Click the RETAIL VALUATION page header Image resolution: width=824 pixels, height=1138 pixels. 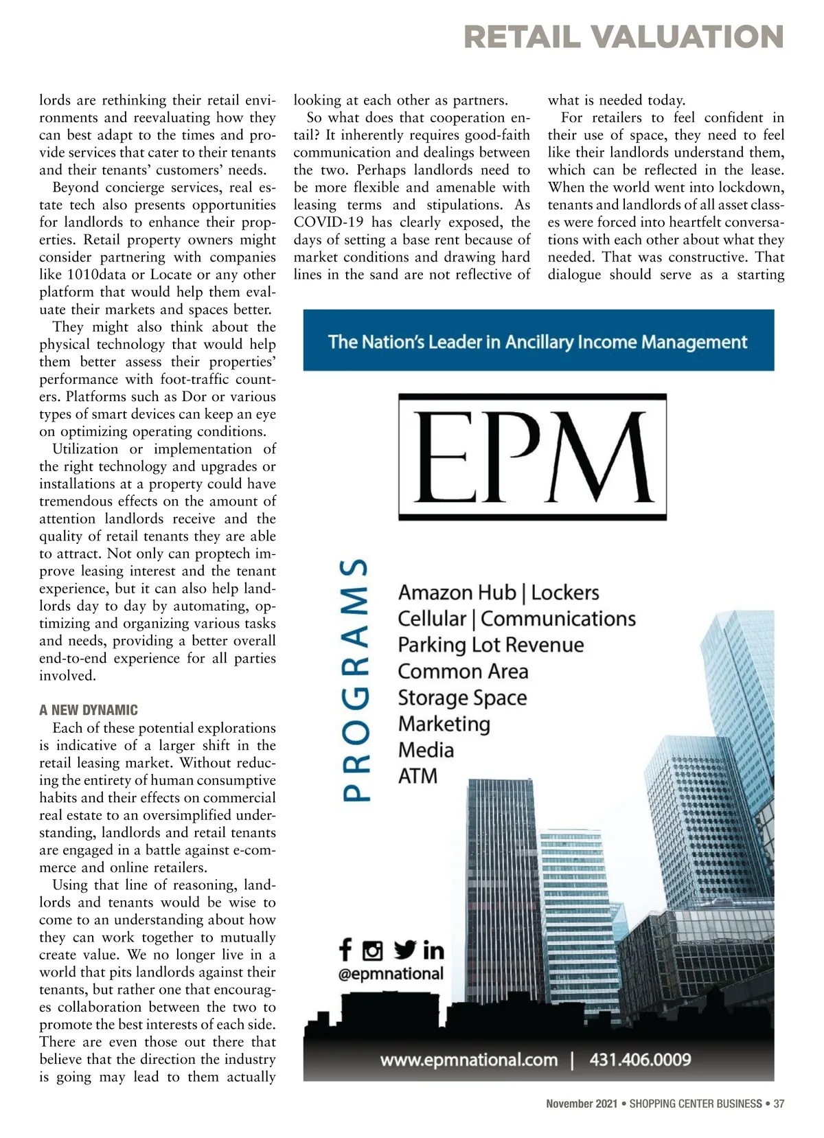[x=623, y=37]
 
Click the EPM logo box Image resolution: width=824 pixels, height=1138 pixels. [x=532, y=457]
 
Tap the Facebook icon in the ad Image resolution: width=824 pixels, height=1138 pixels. [x=345, y=950]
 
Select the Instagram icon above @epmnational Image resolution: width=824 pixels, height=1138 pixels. [x=372, y=951]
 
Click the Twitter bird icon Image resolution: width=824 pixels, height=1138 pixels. [x=405, y=950]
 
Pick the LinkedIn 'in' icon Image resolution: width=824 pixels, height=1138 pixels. [x=433, y=951]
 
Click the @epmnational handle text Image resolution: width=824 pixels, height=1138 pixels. [x=391, y=973]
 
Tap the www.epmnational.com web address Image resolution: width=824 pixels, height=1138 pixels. [x=469, y=1060]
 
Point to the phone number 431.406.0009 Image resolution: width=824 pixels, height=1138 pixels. [x=640, y=1060]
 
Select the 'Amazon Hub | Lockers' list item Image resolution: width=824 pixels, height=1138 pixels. [x=499, y=593]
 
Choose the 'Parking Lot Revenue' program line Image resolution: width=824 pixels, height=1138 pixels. [x=491, y=645]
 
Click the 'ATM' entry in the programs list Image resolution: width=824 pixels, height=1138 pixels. [x=417, y=776]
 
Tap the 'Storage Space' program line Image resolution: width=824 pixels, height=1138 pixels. [x=462, y=698]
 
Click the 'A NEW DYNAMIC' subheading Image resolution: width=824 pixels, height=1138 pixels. [x=89, y=710]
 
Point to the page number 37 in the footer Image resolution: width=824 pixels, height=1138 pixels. [x=779, y=1104]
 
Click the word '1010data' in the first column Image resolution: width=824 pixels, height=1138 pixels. [x=93, y=275]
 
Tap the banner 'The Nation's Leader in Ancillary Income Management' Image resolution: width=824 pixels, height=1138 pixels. [x=538, y=341]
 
